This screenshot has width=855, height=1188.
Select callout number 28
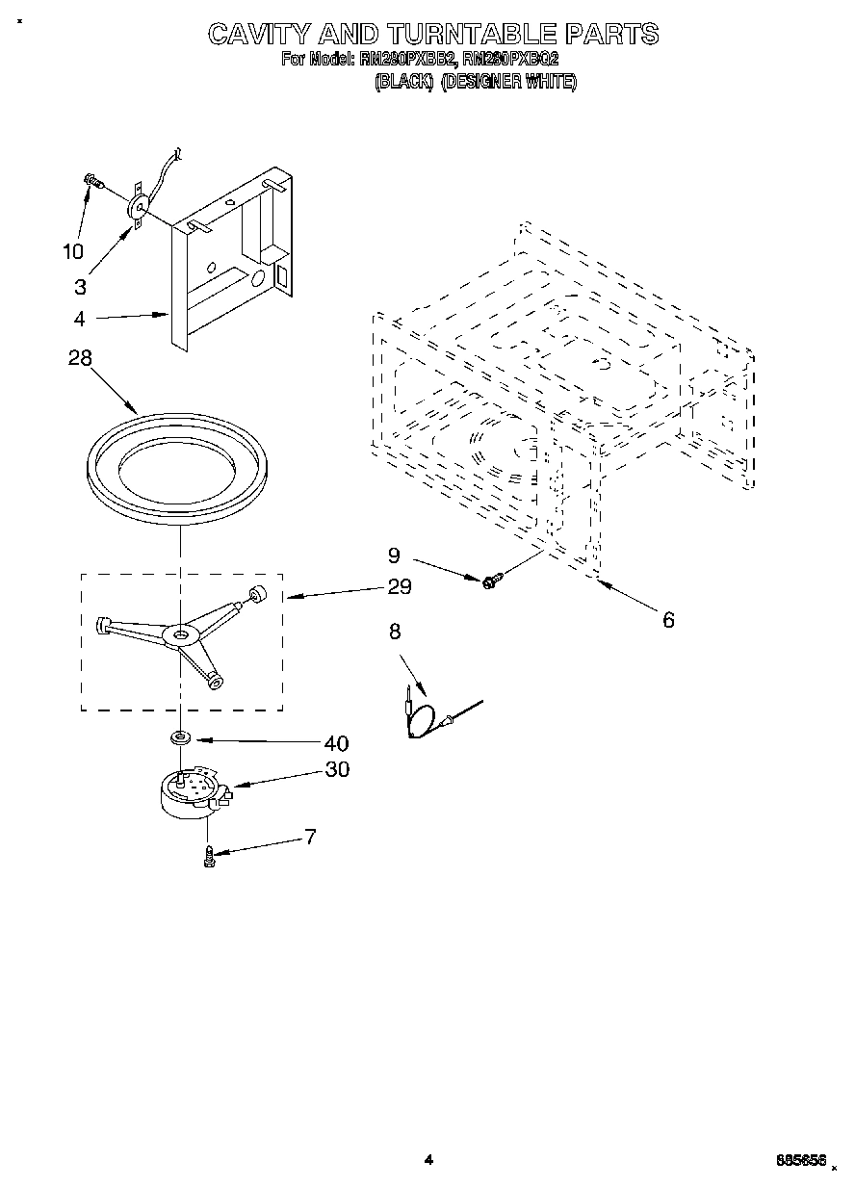[81, 358]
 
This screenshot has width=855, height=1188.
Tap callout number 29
[399, 586]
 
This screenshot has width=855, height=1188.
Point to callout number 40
[336, 743]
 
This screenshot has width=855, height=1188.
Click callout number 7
[310, 836]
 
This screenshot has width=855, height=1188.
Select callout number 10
[73, 252]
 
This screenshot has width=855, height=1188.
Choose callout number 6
[668, 620]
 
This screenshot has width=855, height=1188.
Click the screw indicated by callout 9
[491, 581]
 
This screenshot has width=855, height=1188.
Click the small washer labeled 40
[179, 738]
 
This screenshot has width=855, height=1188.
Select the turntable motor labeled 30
[193, 796]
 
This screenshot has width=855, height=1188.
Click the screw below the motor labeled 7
[208, 855]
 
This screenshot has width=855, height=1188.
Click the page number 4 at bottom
[428, 1161]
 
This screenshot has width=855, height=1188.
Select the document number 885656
[799, 1162]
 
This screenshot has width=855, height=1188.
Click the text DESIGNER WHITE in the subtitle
[509, 83]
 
